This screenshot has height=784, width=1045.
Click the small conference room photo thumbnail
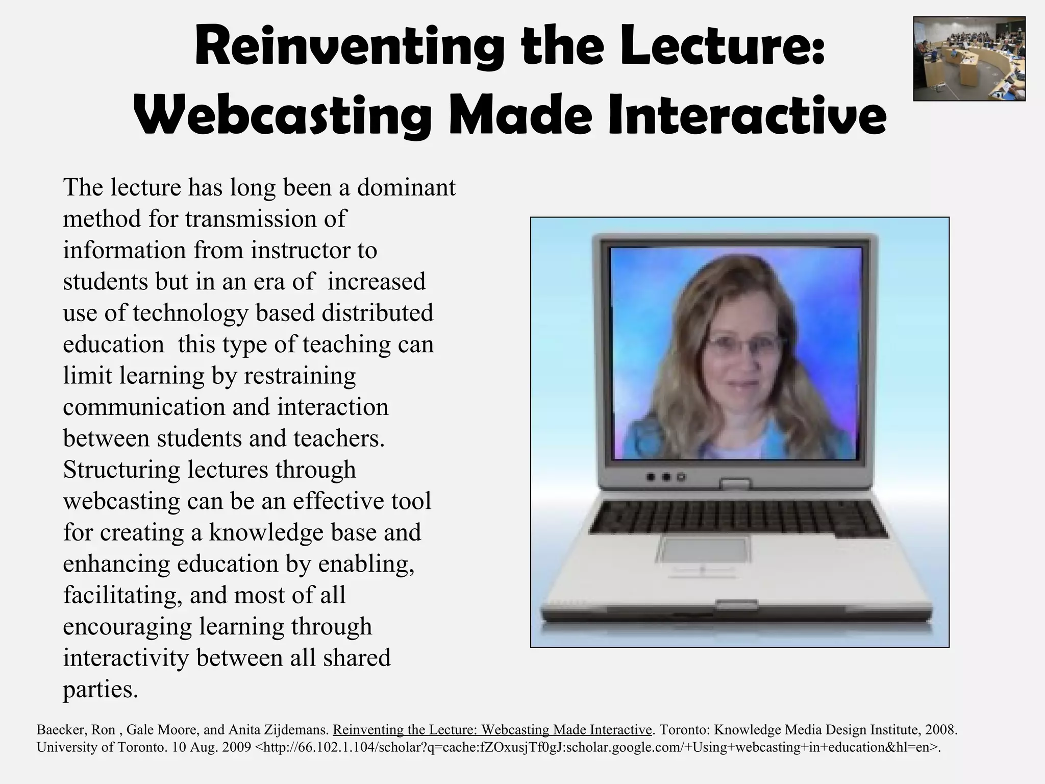pyautogui.click(x=969, y=59)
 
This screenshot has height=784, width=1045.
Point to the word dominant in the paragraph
pyautogui.click(x=406, y=187)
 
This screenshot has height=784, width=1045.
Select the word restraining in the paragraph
pyautogui.click(x=300, y=376)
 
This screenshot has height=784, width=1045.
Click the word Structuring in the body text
pyautogui.click(x=121, y=470)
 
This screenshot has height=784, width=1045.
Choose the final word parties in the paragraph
pyautogui.click(x=100, y=690)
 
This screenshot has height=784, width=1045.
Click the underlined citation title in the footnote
pyautogui.click(x=492, y=730)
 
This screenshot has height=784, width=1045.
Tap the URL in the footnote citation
pyautogui.click(x=597, y=747)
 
